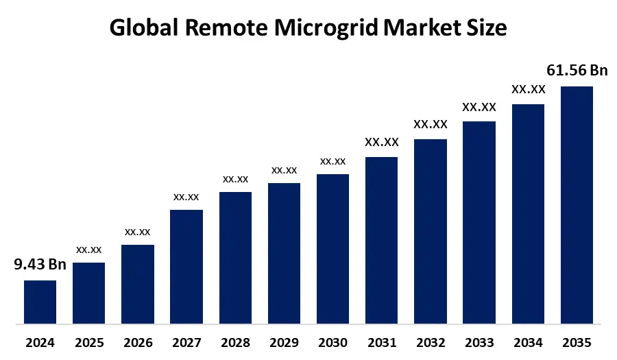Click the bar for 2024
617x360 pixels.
coord(40,302)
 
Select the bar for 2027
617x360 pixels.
coord(186,266)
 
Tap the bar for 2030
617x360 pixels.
coord(332,248)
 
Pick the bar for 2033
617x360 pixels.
coord(479,222)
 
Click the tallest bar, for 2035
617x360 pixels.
coord(577,204)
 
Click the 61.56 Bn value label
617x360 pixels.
coord(577,70)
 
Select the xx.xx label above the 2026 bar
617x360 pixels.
coord(138,232)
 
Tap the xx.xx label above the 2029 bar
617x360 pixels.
coord(284,170)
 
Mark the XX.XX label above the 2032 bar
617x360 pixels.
coord(431,124)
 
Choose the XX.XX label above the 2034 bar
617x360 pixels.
coord(528,89)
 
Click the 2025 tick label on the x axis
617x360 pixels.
coord(88,342)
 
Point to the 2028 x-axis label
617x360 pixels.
coord(235,342)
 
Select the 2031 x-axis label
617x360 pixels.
coord(381,342)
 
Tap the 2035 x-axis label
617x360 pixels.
coord(577,342)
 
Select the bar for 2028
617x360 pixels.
coord(235,257)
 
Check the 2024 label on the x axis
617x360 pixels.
coord(40,342)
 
